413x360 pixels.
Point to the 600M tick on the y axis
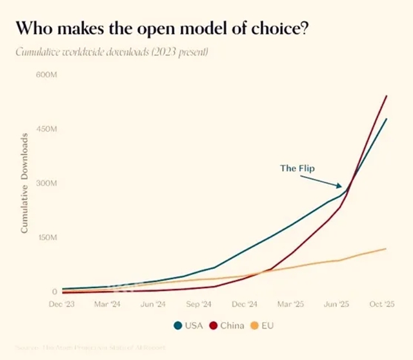click(x=47, y=74)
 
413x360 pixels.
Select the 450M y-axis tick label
click(x=47, y=129)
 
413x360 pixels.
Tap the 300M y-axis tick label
click(x=47, y=183)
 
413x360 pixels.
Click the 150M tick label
click(x=47, y=237)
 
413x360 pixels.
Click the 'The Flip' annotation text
click(x=297, y=168)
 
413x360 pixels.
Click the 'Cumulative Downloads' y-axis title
click(x=24, y=184)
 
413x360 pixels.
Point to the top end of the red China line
click(x=386, y=96)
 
